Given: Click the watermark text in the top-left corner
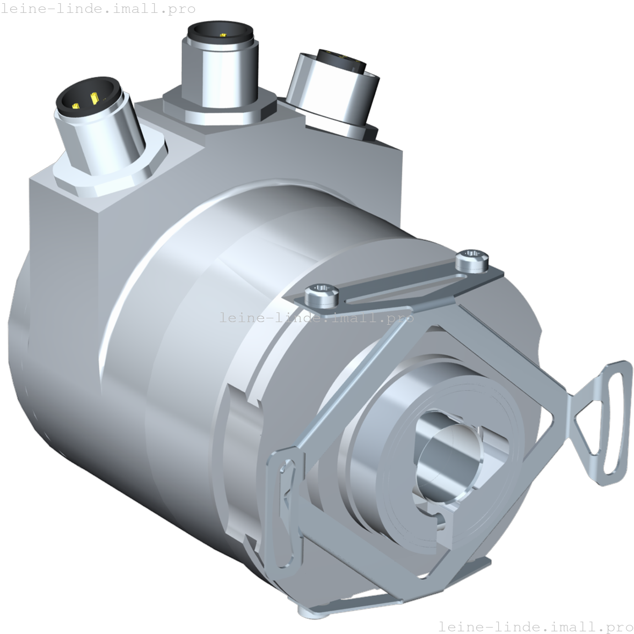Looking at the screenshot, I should [98, 9].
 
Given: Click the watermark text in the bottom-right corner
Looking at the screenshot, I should [536, 626].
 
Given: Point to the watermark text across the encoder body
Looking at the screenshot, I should [317, 318].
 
